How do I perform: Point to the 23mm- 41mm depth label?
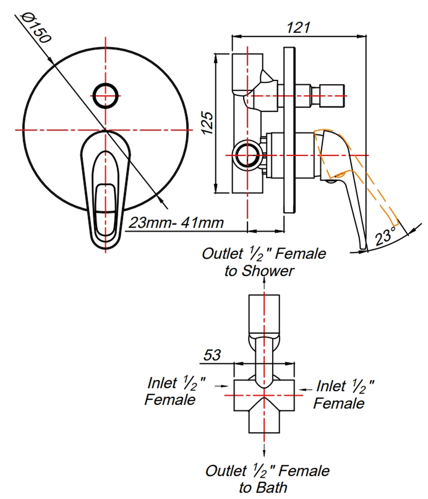coord(176,223)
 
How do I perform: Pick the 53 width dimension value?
coord(212,355)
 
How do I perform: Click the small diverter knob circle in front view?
coord(106,96)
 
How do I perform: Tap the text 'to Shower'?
coord(259,271)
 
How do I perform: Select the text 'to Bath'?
coord(263,487)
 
